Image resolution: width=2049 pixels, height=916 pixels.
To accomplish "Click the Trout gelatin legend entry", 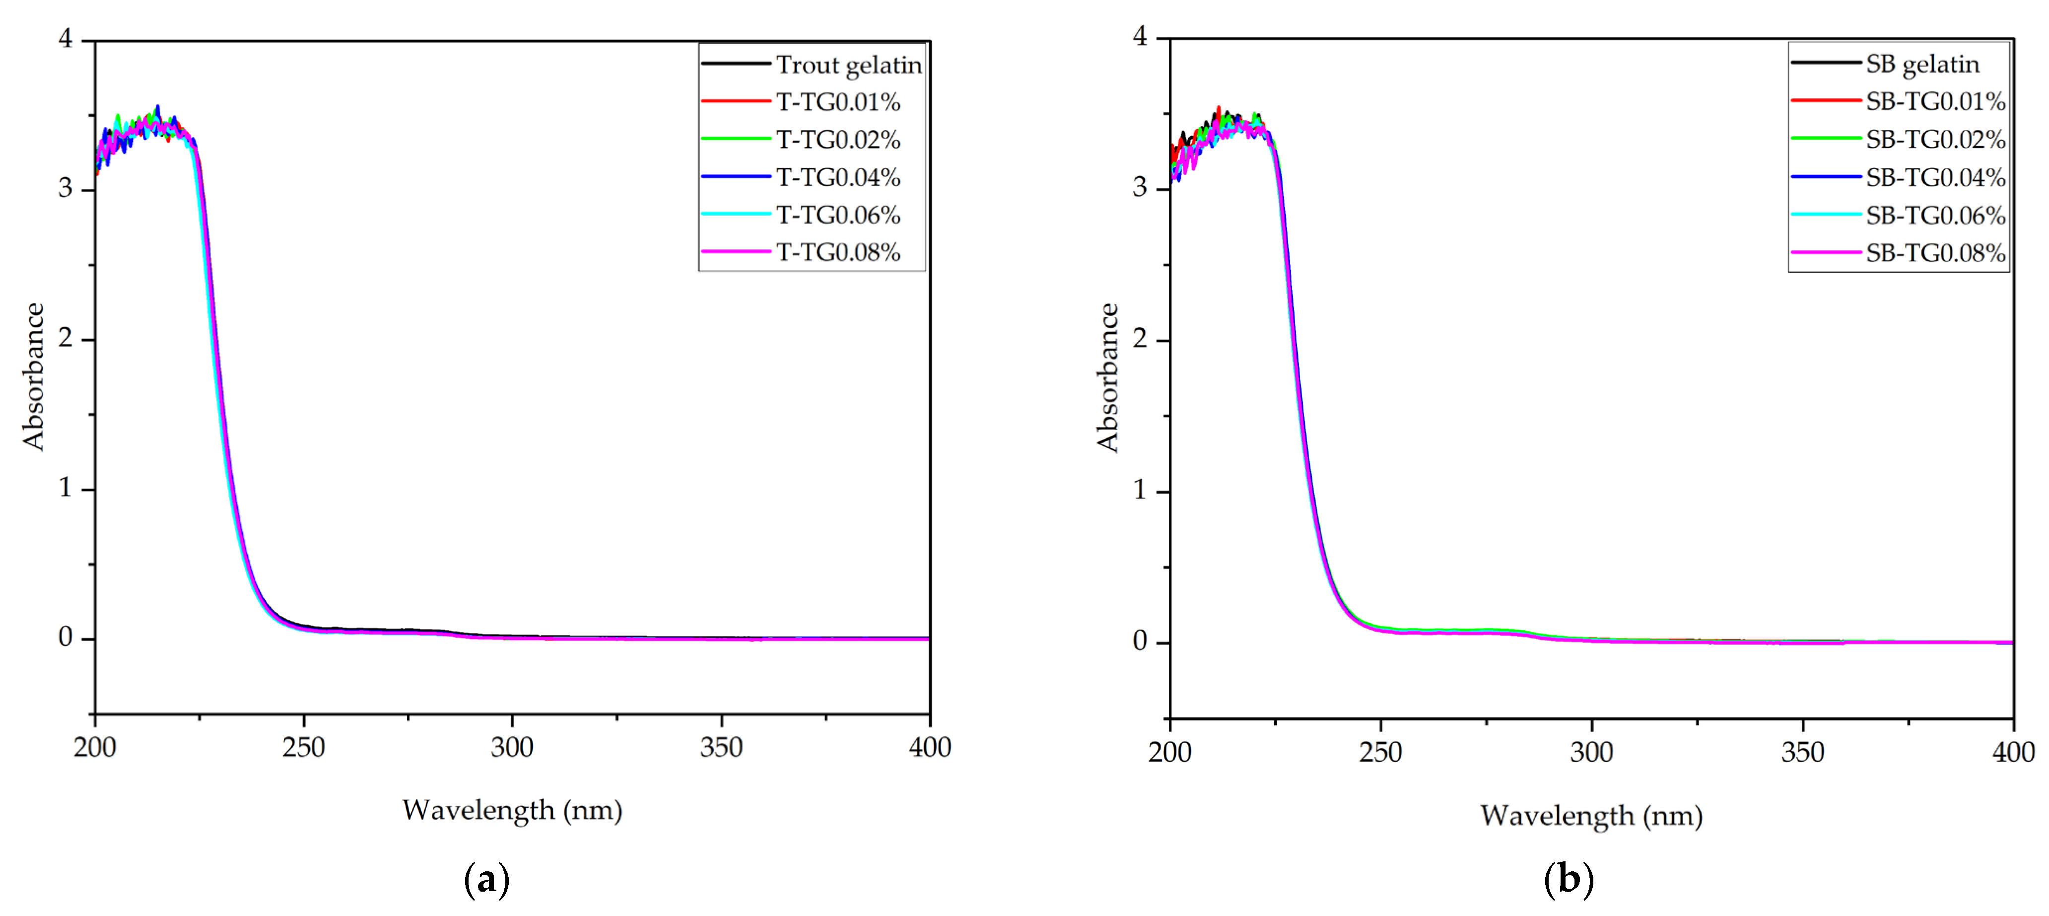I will pos(849,65).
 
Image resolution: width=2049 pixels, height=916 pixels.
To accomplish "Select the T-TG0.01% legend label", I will pos(838,102).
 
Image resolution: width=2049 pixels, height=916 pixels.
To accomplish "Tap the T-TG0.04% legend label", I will pos(838,177).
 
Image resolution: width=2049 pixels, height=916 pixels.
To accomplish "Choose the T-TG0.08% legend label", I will pos(838,252).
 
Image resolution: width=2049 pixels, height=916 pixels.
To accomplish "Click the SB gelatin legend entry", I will pos(1922,64).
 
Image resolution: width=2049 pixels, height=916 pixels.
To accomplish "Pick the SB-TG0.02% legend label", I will pos(1935,139).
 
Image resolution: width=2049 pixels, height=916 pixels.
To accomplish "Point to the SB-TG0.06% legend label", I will pos(1935,215).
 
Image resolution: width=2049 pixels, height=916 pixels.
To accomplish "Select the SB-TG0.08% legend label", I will pos(1935,253).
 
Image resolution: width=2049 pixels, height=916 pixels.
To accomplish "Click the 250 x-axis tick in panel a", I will pos(303,747).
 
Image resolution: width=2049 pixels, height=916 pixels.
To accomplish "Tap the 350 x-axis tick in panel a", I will pos(721,747).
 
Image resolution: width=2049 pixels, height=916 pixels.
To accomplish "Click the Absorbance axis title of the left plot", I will pos(33,377).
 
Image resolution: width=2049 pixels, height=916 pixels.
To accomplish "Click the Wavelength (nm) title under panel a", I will pos(512,810).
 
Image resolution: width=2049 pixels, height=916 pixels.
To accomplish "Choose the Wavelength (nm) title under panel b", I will pos(1591,816).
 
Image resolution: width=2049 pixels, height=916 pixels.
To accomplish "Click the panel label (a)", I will pos(486,879).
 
